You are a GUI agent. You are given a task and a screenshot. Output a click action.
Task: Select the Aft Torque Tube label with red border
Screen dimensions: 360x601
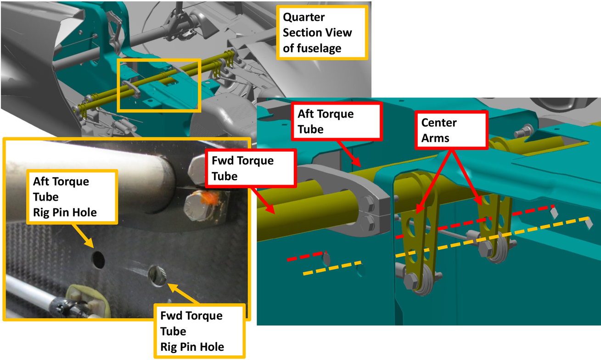336,121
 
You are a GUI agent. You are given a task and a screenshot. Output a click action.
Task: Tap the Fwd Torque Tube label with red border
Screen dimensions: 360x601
250,169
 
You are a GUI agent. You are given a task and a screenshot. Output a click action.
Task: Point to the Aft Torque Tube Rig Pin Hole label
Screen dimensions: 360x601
72,197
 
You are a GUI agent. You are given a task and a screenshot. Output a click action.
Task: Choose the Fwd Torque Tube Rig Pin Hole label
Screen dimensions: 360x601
199,331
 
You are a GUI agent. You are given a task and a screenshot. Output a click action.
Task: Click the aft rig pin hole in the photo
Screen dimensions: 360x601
98,259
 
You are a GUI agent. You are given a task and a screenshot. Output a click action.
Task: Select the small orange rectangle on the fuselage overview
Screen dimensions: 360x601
159,85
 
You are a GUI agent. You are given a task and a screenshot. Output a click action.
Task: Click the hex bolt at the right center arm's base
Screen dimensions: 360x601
485,251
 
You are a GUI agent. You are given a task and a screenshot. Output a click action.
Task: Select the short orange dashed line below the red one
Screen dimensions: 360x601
331,269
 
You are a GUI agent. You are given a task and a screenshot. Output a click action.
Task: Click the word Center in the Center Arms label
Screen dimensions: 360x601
439,123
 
